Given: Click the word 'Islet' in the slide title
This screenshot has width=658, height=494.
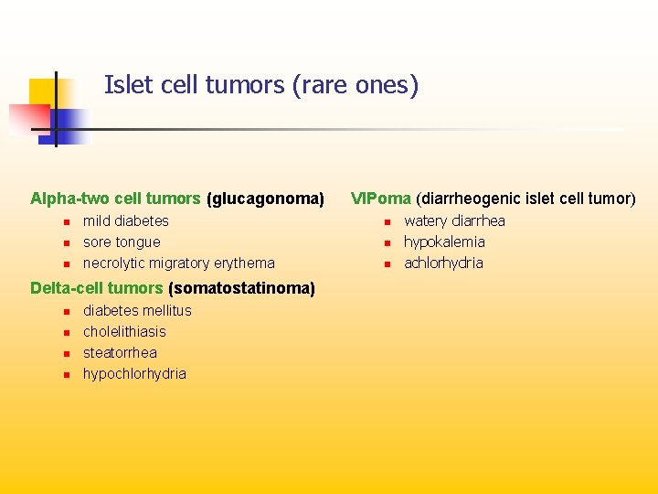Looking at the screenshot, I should point(127,85).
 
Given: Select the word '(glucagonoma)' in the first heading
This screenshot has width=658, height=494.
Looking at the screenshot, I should point(266,199).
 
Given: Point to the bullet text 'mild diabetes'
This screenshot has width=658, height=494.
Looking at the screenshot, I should point(126,220).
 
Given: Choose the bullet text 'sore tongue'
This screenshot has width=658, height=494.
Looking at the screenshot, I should point(122,242).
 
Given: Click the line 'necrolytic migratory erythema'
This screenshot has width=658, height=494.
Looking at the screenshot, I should point(178,263).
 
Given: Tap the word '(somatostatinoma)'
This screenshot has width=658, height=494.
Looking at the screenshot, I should point(241,288).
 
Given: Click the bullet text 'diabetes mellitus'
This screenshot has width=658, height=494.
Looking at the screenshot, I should point(137,310).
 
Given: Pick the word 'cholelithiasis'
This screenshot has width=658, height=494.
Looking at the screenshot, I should point(124,331).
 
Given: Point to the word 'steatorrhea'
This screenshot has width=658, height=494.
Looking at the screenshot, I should point(120,352).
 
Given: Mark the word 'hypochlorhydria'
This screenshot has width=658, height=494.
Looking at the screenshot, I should point(134,373).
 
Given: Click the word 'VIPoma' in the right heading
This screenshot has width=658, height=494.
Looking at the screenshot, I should point(381,199).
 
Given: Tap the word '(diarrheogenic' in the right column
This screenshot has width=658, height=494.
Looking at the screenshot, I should point(460,199).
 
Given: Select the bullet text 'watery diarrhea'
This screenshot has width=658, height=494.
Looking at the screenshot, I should point(454,220).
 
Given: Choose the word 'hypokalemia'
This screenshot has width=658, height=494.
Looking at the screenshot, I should point(444,242).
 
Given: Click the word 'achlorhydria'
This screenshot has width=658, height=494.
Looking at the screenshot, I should point(443,263).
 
